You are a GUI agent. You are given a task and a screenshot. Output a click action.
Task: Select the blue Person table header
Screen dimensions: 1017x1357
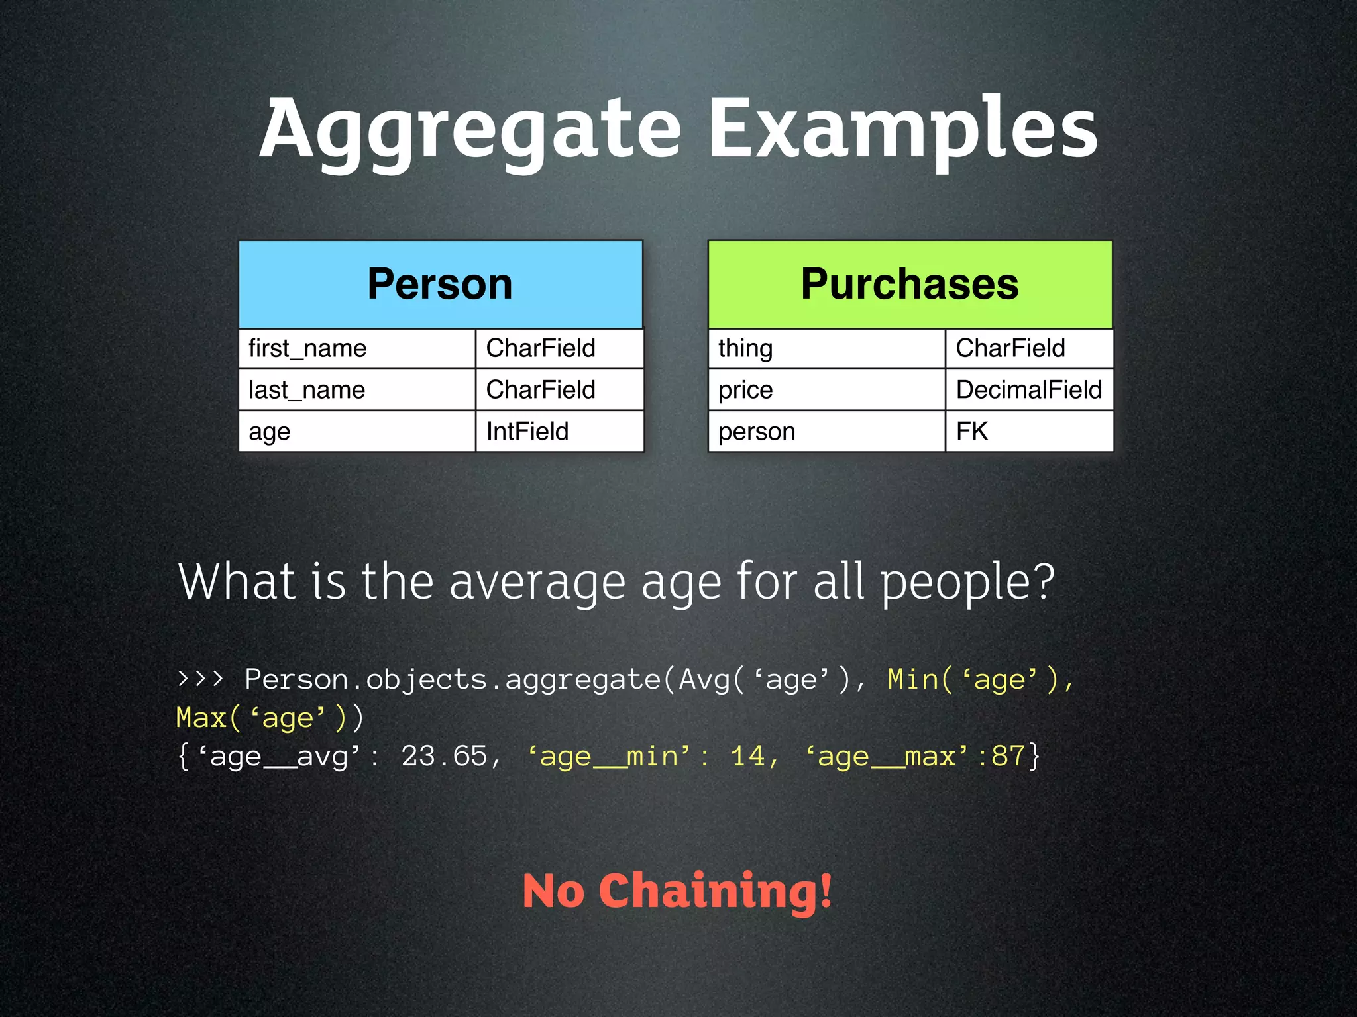[440, 284]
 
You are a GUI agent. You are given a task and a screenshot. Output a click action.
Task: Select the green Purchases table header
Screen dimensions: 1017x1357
[910, 284]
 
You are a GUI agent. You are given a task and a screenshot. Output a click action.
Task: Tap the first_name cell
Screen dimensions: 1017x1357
[356, 348]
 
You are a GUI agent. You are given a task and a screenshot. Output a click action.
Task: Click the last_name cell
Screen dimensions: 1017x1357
[356, 390]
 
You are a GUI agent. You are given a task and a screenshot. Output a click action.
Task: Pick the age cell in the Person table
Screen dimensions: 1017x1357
[356, 432]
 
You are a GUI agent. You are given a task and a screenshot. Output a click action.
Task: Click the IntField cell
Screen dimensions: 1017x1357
[559, 432]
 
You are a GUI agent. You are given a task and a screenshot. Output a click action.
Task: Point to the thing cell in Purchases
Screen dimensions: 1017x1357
[826, 348]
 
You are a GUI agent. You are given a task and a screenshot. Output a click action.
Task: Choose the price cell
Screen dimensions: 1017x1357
[826, 390]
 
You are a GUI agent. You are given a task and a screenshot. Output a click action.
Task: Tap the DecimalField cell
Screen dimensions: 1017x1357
[1028, 390]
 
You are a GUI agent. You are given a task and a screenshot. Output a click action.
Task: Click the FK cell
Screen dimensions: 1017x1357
[1028, 432]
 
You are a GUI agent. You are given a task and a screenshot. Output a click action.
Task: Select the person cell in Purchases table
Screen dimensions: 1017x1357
[826, 432]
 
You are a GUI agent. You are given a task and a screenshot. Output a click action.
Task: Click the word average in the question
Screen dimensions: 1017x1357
[537, 582]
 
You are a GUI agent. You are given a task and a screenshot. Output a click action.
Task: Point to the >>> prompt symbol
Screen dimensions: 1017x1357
[201, 679]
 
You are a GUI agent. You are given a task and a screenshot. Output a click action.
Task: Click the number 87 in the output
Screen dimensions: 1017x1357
[1008, 756]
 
